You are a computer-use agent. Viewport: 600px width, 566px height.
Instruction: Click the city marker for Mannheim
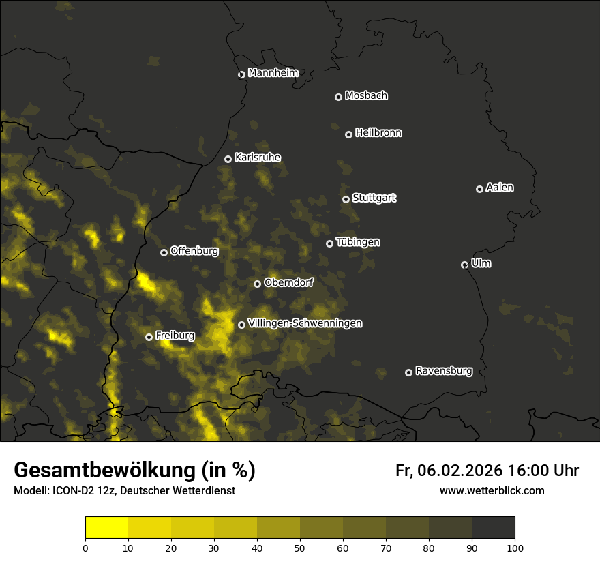click(241, 75)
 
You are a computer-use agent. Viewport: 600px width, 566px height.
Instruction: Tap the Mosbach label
click(366, 96)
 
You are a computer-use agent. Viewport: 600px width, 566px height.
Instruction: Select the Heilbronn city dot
click(348, 135)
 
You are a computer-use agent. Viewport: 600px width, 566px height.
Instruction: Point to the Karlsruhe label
click(257, 158)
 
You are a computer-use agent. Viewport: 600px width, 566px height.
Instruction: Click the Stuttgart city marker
click(346, 199)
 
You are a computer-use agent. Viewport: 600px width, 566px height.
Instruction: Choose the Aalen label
click(500, 188)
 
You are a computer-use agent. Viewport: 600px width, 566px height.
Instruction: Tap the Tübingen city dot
click(329, 243)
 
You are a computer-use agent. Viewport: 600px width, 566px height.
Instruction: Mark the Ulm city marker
click(464, 265)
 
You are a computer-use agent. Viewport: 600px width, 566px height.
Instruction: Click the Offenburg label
click(194, 251)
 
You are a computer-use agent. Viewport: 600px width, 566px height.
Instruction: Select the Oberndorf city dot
click(257, 284)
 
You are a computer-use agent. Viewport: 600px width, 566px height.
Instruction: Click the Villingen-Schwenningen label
click(305, 323)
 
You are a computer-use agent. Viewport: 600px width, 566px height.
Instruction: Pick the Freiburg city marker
click(149, 337)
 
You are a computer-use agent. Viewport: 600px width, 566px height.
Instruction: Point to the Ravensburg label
click(444, 371)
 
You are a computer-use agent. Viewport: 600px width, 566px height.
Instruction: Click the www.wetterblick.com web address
click(492, 490)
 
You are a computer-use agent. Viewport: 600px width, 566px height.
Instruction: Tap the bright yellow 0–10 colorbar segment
click(107, 528)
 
